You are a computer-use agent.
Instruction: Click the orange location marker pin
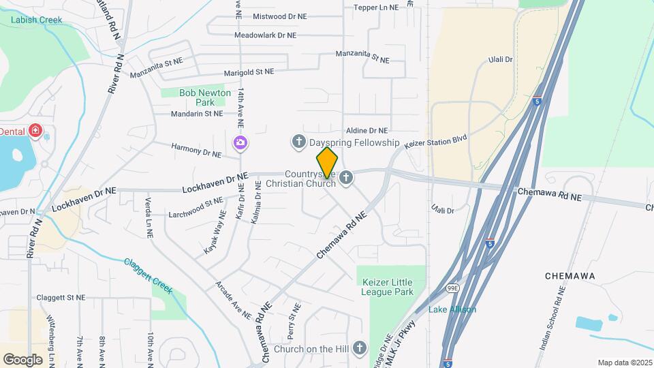(327, 163)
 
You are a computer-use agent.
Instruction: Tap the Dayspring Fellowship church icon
(298, 142)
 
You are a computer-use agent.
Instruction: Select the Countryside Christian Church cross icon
(346, 179)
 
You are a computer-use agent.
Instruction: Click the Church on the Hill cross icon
(360, 349)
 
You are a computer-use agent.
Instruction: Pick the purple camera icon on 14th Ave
(240, 142)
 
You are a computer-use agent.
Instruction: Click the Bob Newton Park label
(196, 97)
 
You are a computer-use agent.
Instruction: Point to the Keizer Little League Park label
(388, 287)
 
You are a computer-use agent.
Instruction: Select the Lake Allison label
(452, 309)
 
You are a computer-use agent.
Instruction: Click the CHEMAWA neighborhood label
(571, 275)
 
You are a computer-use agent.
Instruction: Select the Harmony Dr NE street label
(196, 150)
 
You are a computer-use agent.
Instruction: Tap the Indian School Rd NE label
(552, 318)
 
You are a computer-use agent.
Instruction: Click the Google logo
(22, 359)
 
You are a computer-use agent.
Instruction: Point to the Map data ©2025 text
(623, 363)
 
